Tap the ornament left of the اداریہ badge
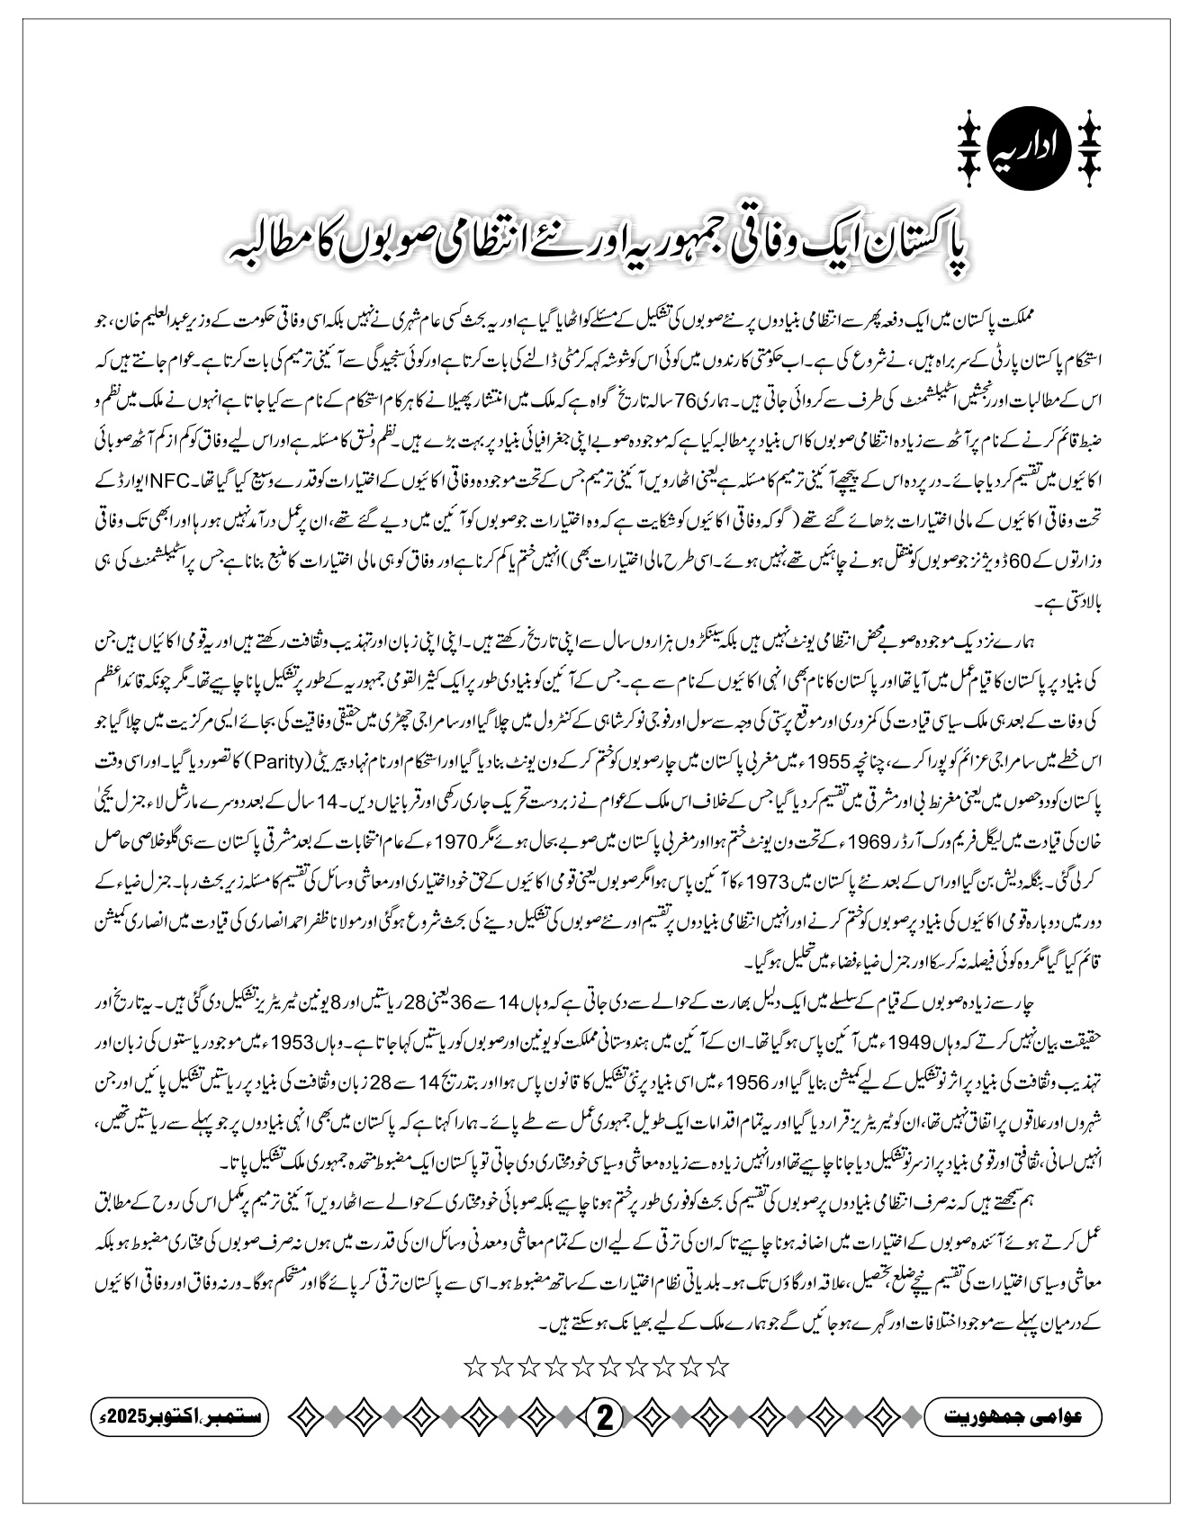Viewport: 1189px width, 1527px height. [x=968, y=145]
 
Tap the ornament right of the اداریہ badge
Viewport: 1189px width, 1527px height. [x=1089, y=145]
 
